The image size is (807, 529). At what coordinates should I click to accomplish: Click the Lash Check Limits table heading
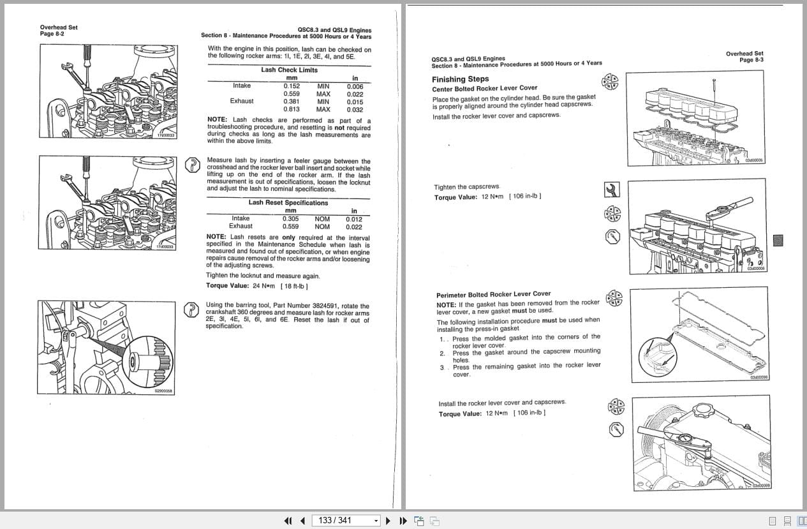[289, 70]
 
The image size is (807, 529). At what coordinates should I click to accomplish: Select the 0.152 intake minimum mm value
[292, 86]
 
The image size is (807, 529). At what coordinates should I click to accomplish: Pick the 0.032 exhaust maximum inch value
[355, 109]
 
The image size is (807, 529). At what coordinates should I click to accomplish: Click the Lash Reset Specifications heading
[288, 203]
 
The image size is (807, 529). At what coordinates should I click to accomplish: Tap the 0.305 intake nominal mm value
[290, 219]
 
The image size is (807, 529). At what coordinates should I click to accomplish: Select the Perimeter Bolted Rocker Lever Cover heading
[493, 294]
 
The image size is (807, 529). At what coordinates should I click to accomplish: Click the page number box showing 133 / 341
[344, 521]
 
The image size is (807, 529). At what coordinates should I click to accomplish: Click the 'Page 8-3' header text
[751, 60]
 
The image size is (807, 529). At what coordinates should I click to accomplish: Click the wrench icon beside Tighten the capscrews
[611, 190]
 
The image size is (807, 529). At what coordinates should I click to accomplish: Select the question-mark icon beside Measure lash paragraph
[191, 165]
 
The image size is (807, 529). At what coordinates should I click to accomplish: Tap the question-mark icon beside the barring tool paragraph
[191, 309]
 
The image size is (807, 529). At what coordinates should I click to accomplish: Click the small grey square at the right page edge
[778, 241]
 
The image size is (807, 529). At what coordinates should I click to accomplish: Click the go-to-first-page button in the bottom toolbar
[288, 521]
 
